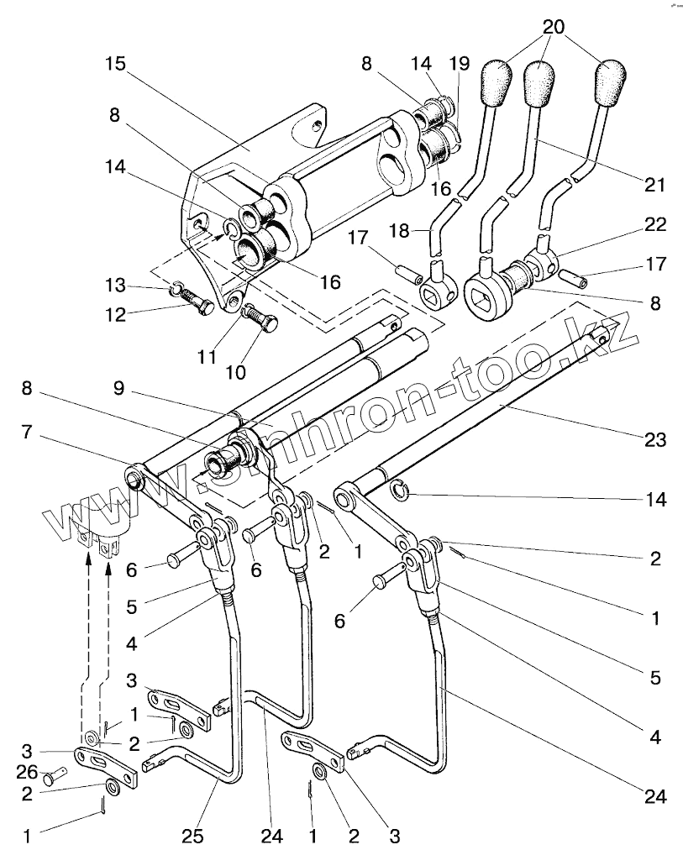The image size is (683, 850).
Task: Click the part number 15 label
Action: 115,64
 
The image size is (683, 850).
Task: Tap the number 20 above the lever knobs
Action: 554,27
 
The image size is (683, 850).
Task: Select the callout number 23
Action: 654,439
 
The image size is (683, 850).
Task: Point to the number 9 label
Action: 119,388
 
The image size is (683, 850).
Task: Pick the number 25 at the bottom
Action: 192,837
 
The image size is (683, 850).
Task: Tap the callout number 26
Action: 27,770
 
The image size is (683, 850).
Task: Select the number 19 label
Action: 460,64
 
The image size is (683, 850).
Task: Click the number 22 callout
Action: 655,224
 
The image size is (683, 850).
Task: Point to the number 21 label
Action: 654,185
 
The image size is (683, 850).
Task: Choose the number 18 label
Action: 400,230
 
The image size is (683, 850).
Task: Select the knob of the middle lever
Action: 539,84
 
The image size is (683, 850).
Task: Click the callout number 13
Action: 115,285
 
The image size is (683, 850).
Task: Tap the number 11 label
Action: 206,357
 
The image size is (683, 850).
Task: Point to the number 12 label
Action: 115,314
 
